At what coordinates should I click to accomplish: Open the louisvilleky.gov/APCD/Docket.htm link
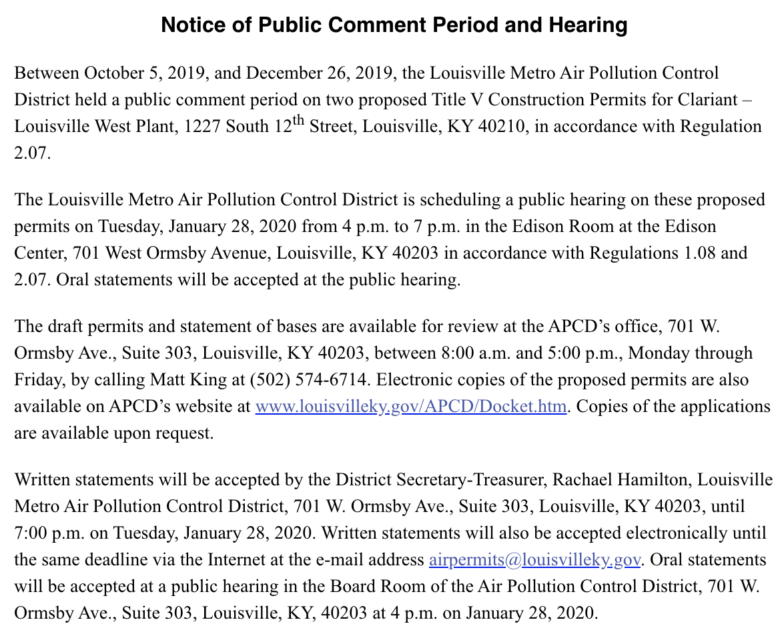[x=411, y=406]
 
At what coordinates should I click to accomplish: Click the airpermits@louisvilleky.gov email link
[x=535, y=559]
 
